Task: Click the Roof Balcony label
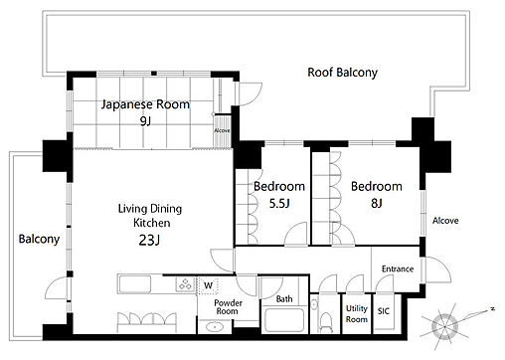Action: point(342,73)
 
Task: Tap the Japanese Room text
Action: point(145,104)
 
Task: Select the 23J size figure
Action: point(149,240)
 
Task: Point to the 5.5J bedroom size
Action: point(279,203)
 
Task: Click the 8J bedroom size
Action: point(377,203)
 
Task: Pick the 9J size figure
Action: point(145,121)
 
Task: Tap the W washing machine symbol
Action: point(208,285)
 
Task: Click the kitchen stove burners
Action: point(185,284)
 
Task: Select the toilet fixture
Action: point(326,321)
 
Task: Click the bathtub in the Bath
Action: point(284,320)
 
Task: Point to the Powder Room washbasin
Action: point(215,327)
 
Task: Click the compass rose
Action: point(445,326)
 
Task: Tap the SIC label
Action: point(384,311)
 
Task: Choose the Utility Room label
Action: point(357,313)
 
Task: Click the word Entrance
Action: point(398,269)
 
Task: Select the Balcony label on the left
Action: point(39,239)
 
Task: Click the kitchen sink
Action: point(134,284)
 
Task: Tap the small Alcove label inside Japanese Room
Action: point(222,130)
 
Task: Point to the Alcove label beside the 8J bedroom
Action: point(445,221)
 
